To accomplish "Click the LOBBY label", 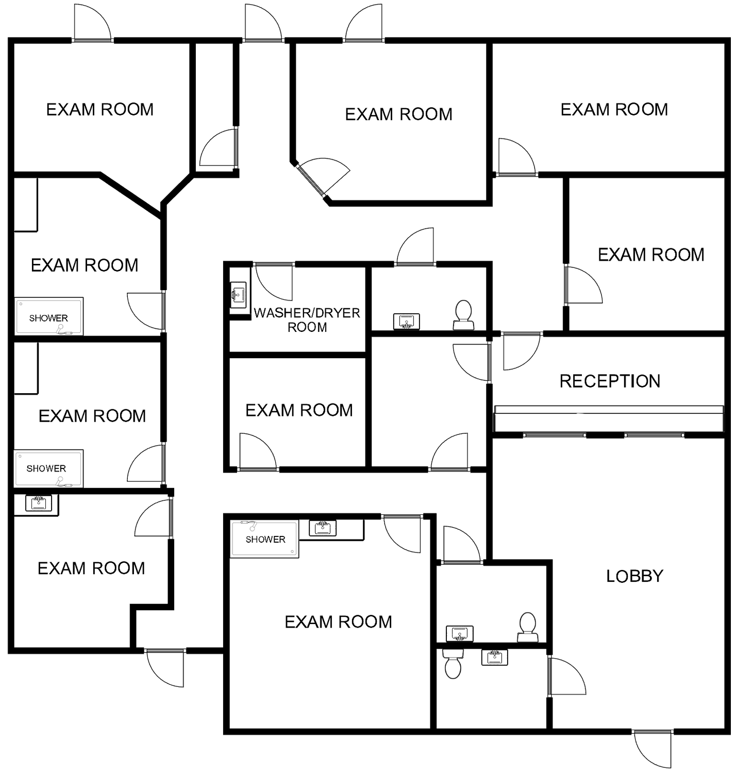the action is pos(634,576).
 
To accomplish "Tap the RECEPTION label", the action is pos(610,381).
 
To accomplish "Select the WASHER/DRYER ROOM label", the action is pos(307,320).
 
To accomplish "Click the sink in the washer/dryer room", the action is pos(238,294).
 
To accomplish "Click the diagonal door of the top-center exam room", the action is pos(323,177).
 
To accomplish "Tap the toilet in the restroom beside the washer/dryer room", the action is pos(463,315).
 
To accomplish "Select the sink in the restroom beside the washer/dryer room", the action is pos(406,321).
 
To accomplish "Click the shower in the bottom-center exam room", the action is pos(264,539).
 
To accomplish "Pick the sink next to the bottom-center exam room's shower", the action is pos(323,528).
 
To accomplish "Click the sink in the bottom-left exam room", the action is pos(39,503).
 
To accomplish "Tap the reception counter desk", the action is pos(609,418).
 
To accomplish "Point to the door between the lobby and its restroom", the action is pos(566,676).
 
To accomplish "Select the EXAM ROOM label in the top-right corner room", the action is pos(614,110).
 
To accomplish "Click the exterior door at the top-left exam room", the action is pos(92,23).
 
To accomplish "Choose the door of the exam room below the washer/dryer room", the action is pos(258,451).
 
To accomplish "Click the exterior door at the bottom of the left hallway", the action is pos(165,668).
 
